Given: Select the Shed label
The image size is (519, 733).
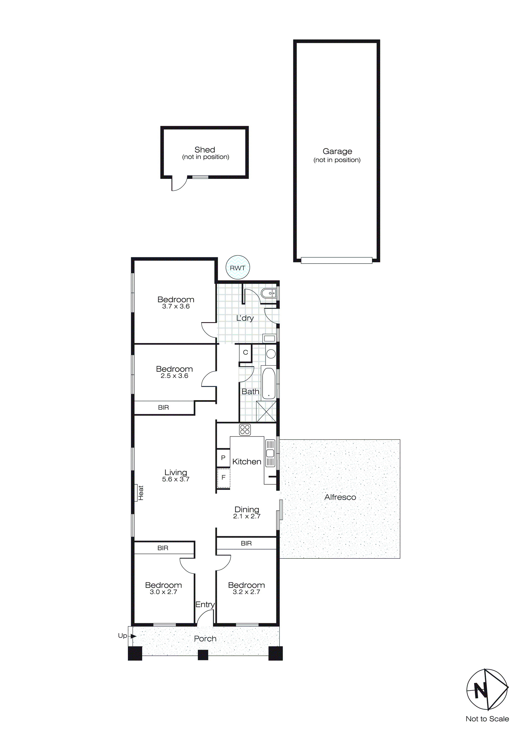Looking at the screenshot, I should pos(205,150).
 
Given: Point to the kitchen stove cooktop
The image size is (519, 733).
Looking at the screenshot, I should pos(245,429).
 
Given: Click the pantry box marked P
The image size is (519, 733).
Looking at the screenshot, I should pos(223,458).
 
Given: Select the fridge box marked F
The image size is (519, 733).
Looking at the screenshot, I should pos(223,478).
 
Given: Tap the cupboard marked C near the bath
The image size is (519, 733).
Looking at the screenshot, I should pos(245,352).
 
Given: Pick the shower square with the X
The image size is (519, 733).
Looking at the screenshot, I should pos(266,411).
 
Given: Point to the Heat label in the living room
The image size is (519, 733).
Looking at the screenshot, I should pos(141,493).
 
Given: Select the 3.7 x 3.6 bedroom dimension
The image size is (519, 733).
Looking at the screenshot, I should pos(176,306).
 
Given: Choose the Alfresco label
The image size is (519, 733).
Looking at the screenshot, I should pos(340,497).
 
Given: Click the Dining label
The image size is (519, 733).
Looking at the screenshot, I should pos(247,510).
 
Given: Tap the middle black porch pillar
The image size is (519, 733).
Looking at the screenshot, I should pos(203,655).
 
